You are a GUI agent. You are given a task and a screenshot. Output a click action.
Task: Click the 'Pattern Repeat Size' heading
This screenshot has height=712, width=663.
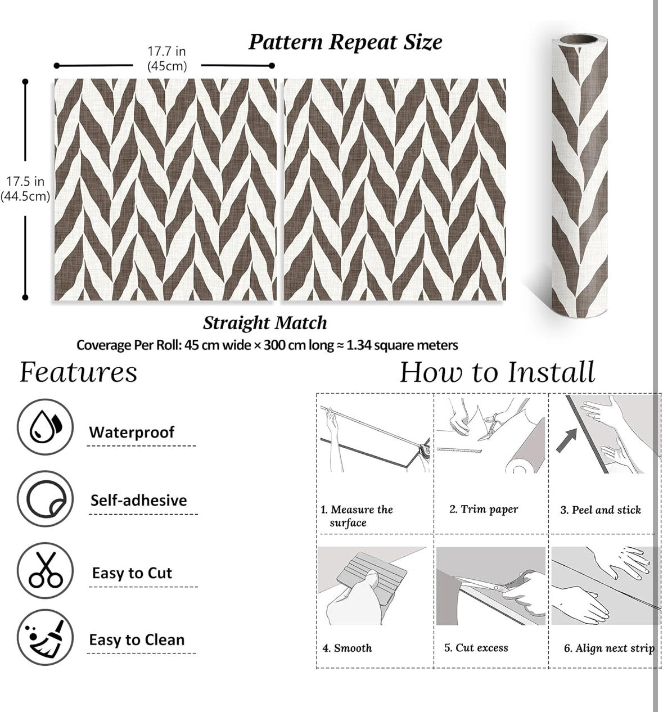click(345, 43)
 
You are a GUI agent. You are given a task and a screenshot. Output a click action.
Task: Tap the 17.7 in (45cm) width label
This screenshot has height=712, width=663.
click(167, 58)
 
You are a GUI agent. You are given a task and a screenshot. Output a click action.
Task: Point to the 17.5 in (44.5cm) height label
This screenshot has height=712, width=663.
click(25, 188)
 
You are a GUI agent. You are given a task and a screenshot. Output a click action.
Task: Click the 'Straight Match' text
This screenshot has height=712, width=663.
click(265, 323)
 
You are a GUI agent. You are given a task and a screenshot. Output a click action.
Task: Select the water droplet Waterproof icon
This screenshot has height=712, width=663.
click(45, 427)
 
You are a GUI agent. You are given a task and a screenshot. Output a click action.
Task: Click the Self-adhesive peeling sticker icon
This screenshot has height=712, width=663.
click(45, 498)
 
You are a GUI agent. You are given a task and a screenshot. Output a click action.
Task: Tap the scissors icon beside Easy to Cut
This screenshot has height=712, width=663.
click(45, 570)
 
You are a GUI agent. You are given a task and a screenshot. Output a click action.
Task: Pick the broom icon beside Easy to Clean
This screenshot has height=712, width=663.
click(45, 637)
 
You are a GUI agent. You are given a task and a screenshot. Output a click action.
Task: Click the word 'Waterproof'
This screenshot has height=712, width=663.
click(132, 432)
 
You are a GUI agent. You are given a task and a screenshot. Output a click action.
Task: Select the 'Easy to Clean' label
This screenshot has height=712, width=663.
click(137, 640)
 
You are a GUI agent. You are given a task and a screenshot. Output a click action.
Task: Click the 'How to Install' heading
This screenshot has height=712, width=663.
click(497, 372)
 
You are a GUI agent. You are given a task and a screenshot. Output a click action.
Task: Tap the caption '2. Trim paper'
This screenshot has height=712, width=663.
click(484, 510)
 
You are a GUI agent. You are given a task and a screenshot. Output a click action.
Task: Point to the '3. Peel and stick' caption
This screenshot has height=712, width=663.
click(601, 510)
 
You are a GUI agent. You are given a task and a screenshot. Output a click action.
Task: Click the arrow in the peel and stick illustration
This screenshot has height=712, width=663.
click(566, 440)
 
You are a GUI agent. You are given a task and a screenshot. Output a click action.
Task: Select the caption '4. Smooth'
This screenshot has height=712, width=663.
click(347, 648)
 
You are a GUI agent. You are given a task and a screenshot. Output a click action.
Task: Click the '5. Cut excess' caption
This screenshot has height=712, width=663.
click(476, 647)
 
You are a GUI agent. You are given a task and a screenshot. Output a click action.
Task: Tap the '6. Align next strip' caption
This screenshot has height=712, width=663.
click(609, 648)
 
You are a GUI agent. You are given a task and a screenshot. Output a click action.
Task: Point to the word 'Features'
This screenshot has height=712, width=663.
click(78, 372)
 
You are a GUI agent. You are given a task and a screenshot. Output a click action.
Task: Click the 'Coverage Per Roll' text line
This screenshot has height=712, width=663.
click(267, 345)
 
